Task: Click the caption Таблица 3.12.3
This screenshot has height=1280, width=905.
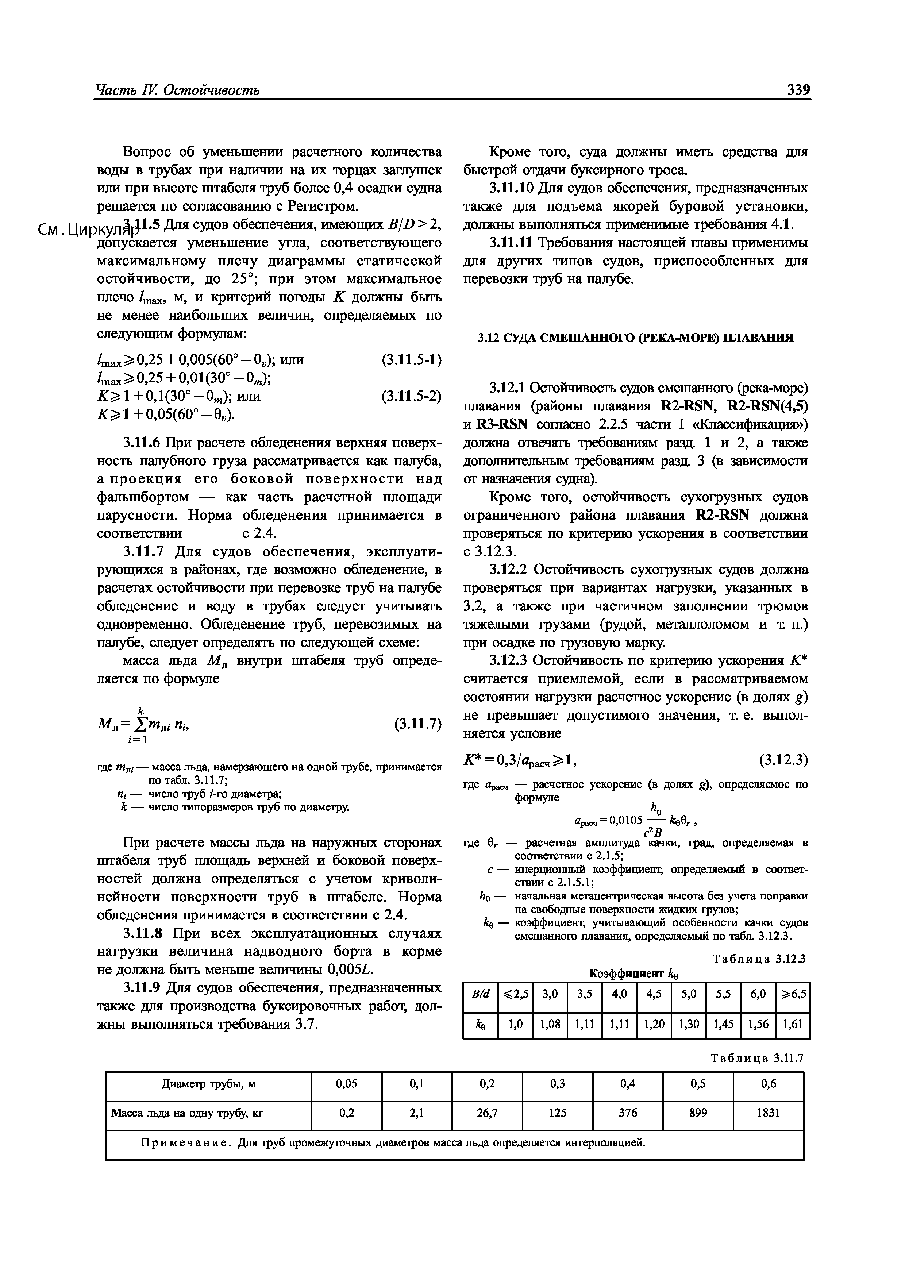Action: click(x=759, y=958)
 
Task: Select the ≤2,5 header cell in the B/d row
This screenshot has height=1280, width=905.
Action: click(x=516, y=994)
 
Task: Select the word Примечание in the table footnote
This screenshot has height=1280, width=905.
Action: click(x=186, y=1143)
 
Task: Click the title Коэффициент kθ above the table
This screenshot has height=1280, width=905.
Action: click(x=633, y=974)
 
